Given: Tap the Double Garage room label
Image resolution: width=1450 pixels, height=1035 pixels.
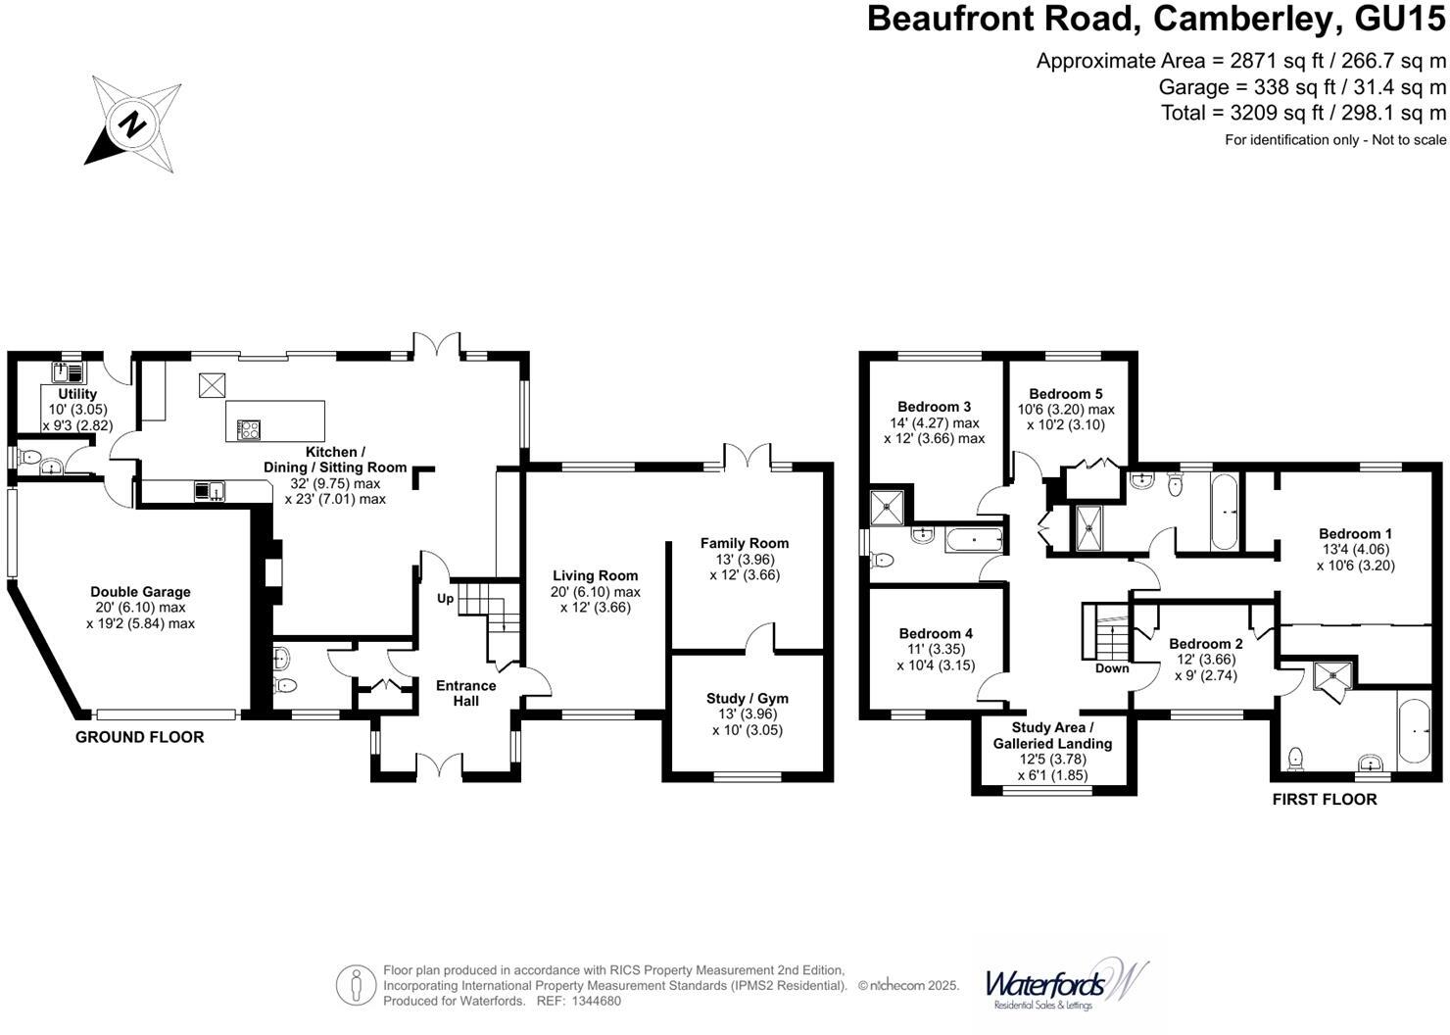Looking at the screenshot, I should tap(140, 592).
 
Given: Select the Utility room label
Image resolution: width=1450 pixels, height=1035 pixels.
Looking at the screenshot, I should tap(77, 394).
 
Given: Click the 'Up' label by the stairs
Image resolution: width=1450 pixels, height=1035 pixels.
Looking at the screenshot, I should tap(445, 598).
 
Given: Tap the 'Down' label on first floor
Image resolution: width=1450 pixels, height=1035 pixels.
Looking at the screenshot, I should tap(1112, 668).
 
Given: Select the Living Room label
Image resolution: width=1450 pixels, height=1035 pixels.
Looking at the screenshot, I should tap(595, 576).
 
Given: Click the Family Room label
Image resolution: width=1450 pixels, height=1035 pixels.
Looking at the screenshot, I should tap(744, 543).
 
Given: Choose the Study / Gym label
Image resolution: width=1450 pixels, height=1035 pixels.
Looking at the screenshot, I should tap(747, 699).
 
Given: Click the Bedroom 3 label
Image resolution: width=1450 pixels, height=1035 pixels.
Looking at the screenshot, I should tap(934, 407).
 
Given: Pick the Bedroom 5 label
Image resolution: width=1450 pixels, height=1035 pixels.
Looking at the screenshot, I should tap(1065, 393).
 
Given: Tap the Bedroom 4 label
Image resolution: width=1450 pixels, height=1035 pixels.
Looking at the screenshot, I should tap(936, 633).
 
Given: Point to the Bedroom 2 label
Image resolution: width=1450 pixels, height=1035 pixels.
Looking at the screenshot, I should tap(1205, 644).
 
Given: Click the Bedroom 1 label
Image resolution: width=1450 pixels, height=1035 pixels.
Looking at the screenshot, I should tap(1355, 534).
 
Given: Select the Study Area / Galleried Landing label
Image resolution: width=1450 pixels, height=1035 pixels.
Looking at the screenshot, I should tap(1053, 735).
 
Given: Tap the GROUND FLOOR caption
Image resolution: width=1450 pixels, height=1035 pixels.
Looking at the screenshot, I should tap(140, 737).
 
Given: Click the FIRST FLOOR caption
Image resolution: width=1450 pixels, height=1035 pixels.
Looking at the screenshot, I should tap(1324, 799).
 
